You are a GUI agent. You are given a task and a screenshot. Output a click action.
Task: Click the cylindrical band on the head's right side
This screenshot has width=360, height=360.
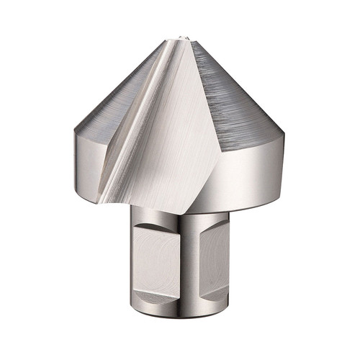point(248,173)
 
